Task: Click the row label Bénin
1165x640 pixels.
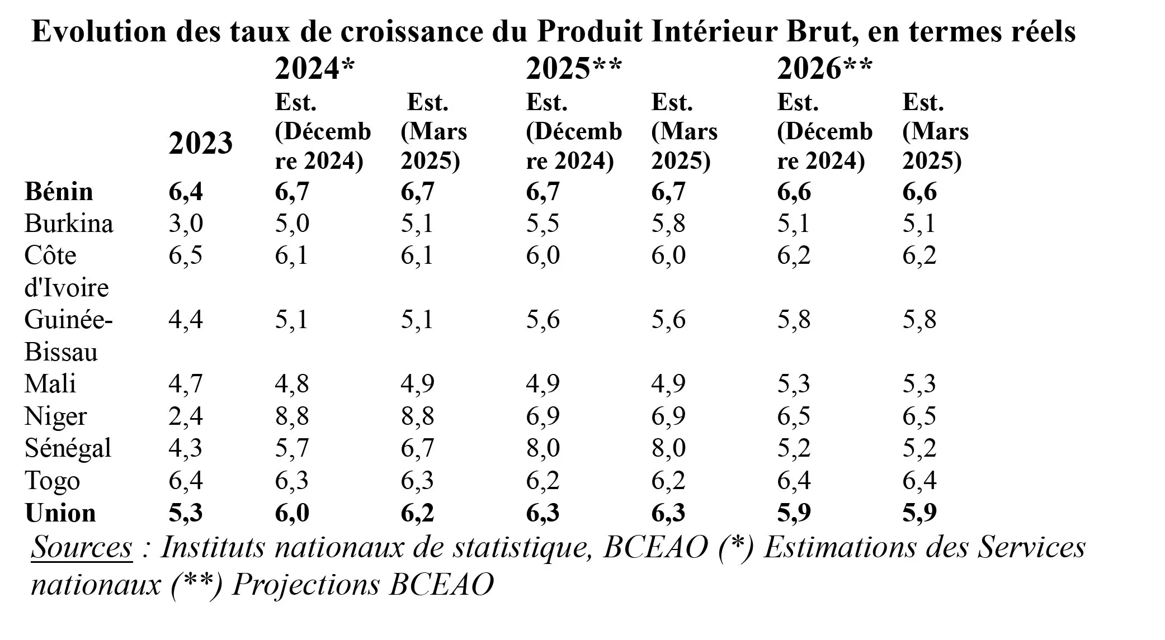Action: [59, 192]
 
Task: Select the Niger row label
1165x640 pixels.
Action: [56, 416]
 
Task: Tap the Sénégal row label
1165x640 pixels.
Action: [68, 448]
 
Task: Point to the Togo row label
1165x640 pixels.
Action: [52, 481]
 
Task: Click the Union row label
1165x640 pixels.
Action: [60, 513]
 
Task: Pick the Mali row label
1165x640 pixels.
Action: [50, 384]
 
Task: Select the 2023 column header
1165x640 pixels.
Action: [201, 144]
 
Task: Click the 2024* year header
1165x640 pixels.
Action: [315, 69]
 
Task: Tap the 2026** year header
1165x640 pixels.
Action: [824, 69]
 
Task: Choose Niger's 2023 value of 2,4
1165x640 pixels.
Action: [186, 416]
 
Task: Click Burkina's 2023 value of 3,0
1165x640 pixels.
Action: [186, 224]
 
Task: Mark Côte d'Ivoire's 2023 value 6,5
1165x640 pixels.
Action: [186, 255]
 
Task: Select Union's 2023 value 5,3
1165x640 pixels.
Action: [186, 513]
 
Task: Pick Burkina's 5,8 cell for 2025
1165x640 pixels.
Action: [668, 224]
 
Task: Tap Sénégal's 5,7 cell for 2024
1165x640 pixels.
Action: [291, 448]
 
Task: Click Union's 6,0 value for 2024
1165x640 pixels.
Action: [291, 513]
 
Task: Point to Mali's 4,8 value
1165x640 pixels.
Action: [291, 384]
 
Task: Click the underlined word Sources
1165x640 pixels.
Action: [82, 547]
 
